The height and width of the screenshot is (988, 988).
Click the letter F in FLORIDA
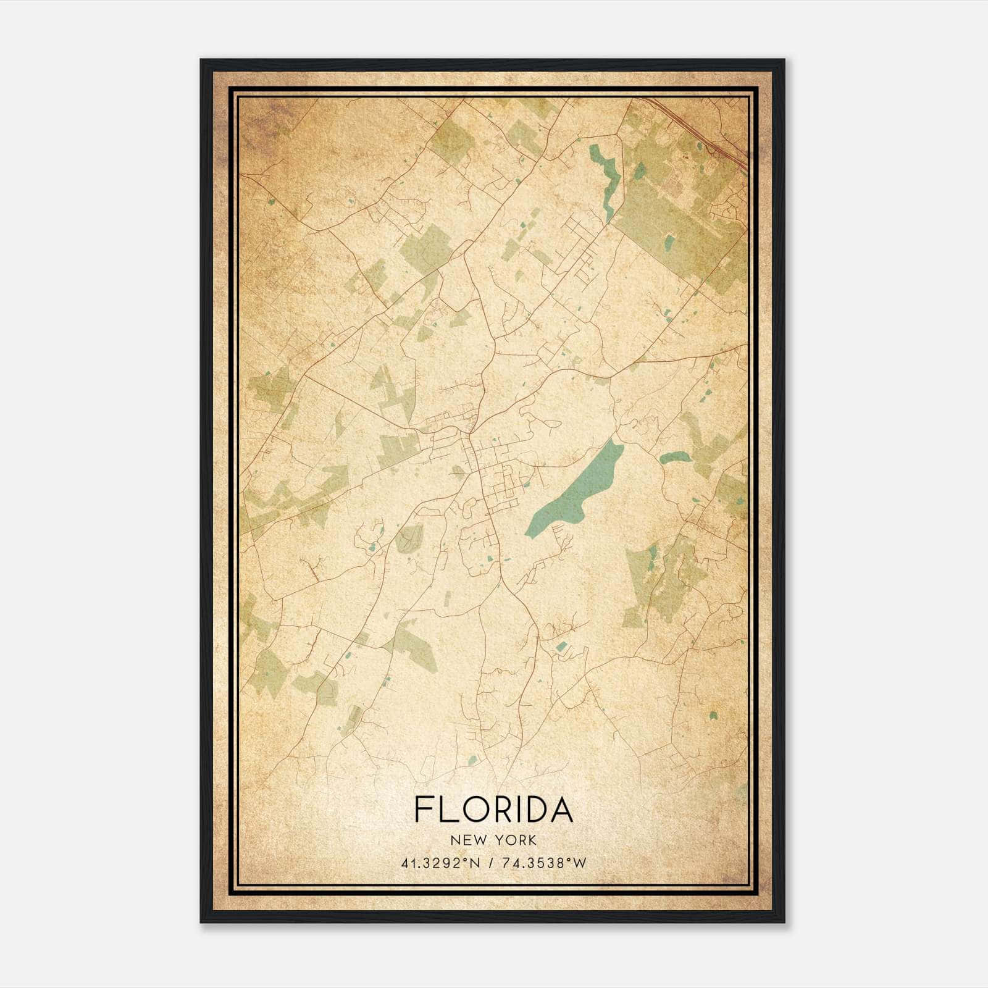tap(424, 809)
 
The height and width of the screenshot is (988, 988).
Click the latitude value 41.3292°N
tap(439, 863)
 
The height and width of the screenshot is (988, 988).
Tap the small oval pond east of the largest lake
tap(674, 458)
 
